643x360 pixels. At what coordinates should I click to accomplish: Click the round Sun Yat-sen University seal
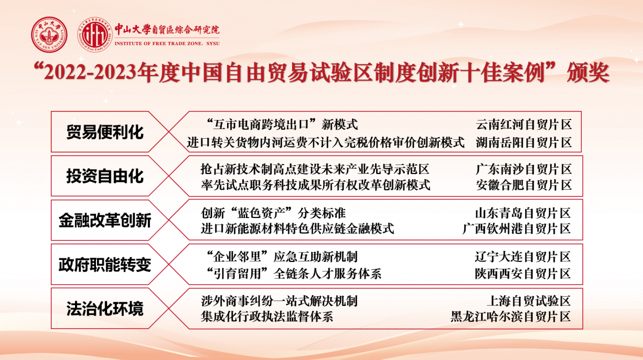tap(49, 35)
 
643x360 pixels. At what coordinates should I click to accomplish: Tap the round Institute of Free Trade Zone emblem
tap(95, 35)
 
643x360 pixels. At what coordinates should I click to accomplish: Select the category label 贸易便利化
tap(105, 132)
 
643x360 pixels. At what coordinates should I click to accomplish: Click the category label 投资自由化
tap(105, 176)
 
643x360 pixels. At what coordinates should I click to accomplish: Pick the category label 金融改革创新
tap(105, 220)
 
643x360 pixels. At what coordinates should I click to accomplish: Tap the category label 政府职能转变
tap(105, 265)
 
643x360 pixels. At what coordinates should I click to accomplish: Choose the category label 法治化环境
tap(105, 309)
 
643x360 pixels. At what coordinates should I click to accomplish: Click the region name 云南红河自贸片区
tap(524, 125)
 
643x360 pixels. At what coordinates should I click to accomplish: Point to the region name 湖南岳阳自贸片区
tap(524, 142)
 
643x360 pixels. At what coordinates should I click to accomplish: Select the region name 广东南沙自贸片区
tap(524, 169)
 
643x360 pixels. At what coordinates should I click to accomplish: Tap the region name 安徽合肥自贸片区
tap(524, 185)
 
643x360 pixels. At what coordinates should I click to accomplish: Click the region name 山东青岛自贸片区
tap(523, 213)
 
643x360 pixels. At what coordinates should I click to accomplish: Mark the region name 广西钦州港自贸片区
tap(517, 229)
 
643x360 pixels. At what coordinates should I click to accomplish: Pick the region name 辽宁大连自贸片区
tap(523, 257)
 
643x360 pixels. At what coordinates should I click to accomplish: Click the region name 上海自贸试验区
tap(529, 301)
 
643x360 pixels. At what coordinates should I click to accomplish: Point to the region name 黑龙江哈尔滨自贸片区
tap(511, 317)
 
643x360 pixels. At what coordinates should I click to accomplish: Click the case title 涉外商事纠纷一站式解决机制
tap(279, 301)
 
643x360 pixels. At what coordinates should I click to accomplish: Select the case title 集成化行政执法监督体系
tap(267, 317)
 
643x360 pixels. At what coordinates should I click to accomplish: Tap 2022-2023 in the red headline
tap(90, 72)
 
